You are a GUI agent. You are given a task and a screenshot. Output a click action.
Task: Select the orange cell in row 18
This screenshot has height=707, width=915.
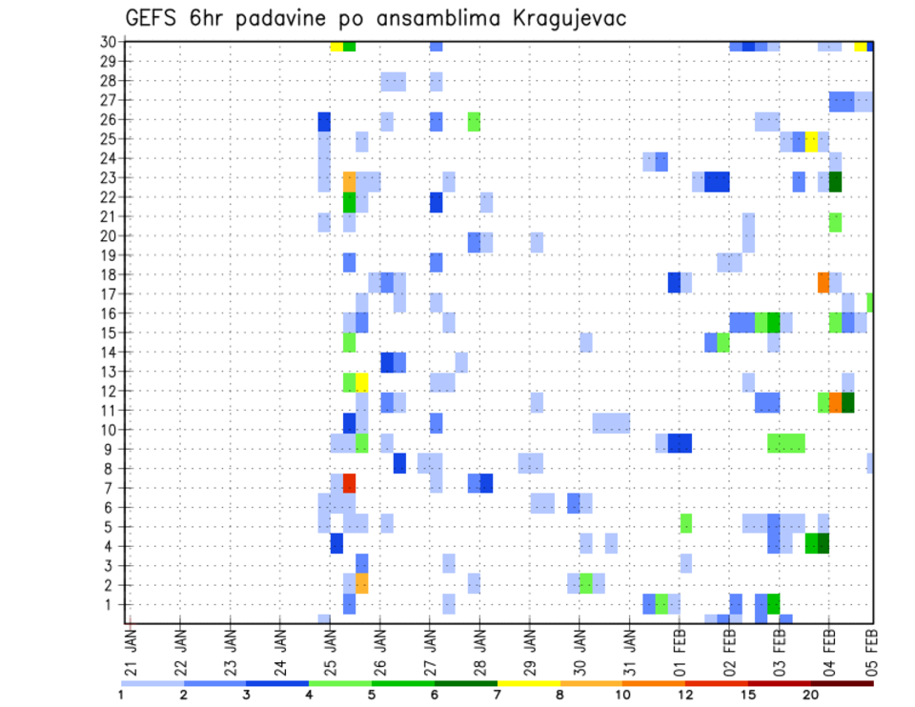(823, 283)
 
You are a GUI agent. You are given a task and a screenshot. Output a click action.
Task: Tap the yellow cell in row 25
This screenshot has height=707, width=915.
(811, 141)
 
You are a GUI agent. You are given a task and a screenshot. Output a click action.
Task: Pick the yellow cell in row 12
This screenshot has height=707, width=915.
(361, 382)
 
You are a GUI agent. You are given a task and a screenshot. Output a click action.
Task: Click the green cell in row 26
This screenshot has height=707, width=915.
(474, 121)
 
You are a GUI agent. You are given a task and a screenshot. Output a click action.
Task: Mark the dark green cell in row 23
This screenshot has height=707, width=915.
(836, 181)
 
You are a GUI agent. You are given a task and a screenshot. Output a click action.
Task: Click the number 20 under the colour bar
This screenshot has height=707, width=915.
(810, 695)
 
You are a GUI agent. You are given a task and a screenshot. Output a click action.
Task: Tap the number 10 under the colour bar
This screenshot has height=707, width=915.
(623, 695)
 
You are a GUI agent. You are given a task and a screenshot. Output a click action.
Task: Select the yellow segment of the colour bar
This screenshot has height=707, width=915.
(529, 683)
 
